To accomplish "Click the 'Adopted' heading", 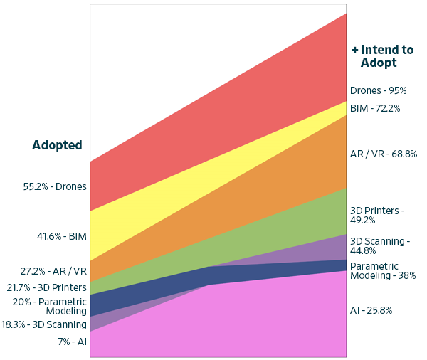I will pyautogui.click(x=57, y=145).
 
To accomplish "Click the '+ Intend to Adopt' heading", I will pyautogui.click(x=382, y=56).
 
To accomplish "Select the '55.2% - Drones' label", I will pyautogui.click(x=55, y=187).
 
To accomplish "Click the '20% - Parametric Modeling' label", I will pyautogui.click(x=50, y=306).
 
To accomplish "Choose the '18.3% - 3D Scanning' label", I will pyautogui.click(x=45, y=324).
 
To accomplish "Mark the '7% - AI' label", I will pyautogui.click(x=73, y=342).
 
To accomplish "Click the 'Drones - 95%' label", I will pyautogui.click(x=378, y=91).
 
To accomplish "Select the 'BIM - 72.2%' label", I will pyautogui.click(x=375, y=109).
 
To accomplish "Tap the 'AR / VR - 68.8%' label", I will pyautogui.click(x=384, y=154).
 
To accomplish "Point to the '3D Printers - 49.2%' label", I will pyautogui.click(x=377, y=215).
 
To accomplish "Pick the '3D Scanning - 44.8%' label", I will pyautogui.click(x=380, y=246).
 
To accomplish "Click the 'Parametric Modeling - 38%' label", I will pyautogui.click(x=383, y=270).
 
